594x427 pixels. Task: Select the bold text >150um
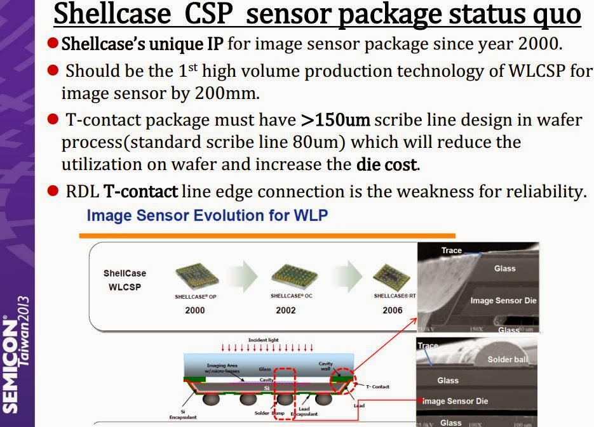[x=335, y=121]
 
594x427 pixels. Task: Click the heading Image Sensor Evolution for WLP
[x=207, y=216]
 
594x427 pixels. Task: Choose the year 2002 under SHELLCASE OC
[x=285, y=310]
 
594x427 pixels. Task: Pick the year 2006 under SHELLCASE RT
[x=392, y=310]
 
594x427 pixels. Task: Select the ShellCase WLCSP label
[x=125, y=279]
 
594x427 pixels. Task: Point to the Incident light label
[x=263, y=340]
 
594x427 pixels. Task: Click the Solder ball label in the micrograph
[x=508, y=360]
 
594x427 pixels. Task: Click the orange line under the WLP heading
[x=267, y=235]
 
